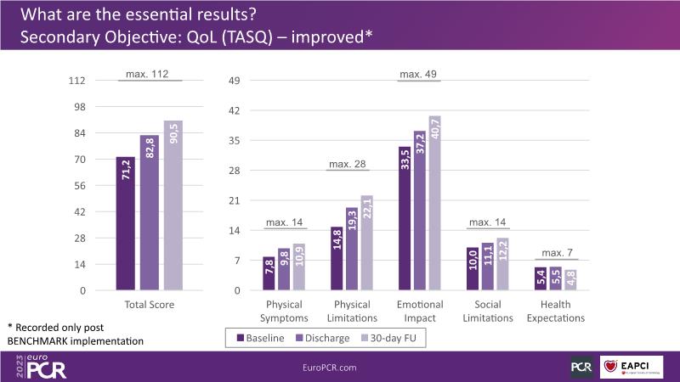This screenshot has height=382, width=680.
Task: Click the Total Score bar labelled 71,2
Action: click(x=126, y=224)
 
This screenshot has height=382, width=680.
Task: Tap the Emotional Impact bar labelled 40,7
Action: click(x=435, y=203)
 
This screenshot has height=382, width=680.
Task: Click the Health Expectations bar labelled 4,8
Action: click(x=571, y=279)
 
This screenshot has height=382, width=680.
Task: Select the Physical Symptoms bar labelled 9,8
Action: click(x=284, y=269)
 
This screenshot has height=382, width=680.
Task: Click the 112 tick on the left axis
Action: click(x=77, y=81)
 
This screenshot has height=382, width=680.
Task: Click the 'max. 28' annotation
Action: click(x=348, y=162)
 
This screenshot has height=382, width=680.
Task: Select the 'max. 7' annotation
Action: click(x=558, y=252)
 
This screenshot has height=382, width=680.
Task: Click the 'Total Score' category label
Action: click(x=150, y=304)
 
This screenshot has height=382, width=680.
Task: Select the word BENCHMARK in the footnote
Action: click(x=42, y=340)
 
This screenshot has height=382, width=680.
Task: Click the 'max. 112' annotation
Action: click(x=150, y=74)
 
